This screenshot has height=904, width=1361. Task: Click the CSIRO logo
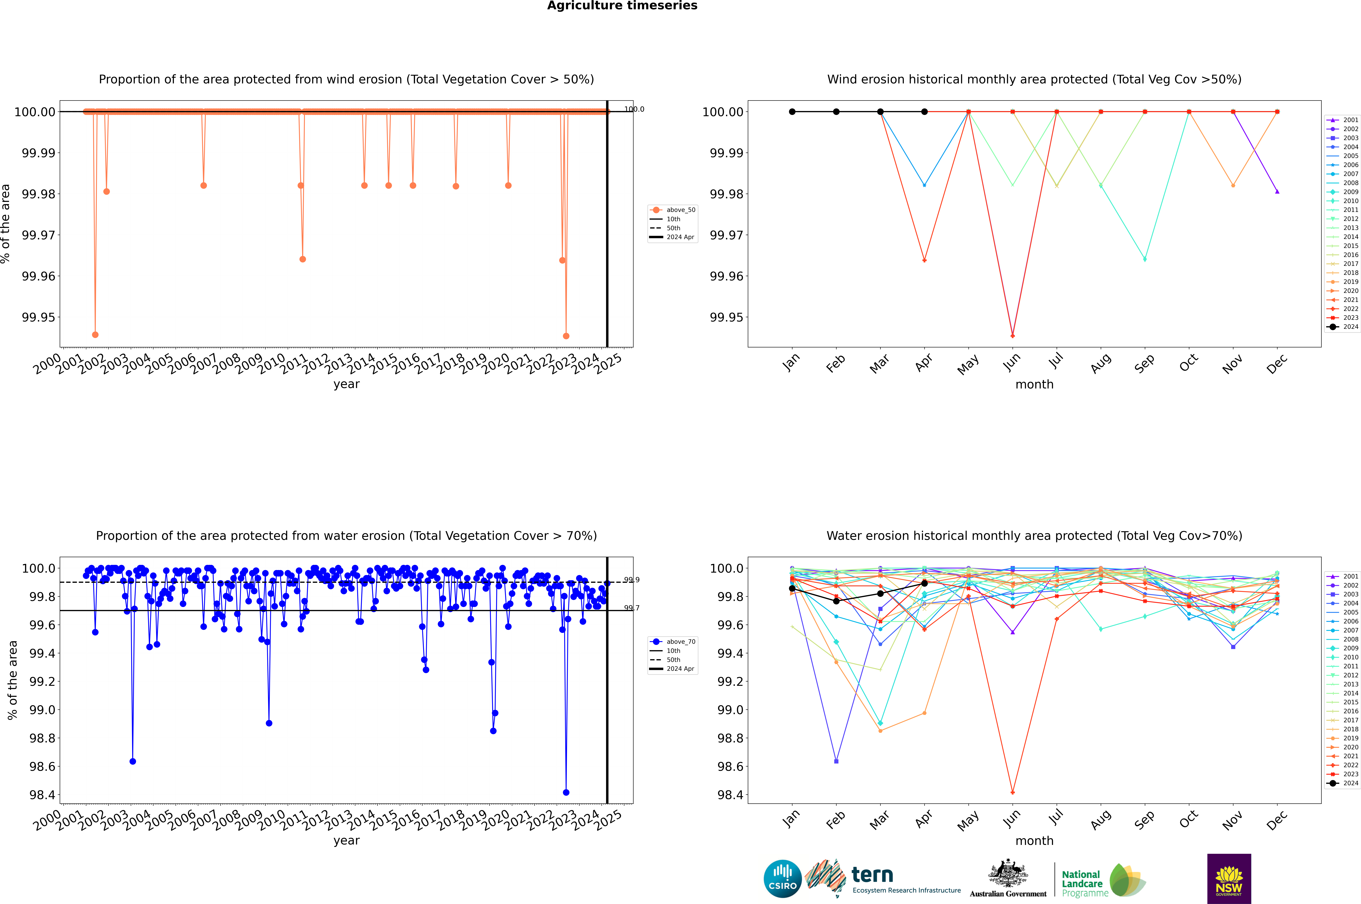click(782, 879)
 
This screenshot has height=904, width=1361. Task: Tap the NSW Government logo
click(1229, 879)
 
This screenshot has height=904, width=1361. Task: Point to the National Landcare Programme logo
click(1103, 880)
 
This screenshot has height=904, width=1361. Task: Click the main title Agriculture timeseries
click(622, 6)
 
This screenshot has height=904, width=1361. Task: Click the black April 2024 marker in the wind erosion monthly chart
click(924, 112)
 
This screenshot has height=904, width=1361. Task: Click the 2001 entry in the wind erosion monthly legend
click(1350, 120)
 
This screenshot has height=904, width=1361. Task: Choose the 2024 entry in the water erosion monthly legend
click(1350, 783)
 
